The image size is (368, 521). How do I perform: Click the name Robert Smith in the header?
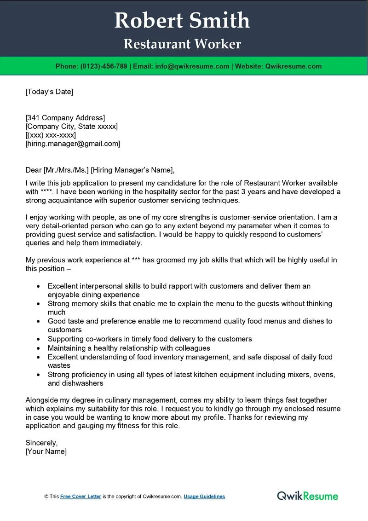[182, 21]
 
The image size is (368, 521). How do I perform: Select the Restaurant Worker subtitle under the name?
[182, 44]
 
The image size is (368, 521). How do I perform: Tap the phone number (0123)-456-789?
[103, 66]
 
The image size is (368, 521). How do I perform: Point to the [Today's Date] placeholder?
[49, 92]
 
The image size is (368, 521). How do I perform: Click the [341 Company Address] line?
[65, 117]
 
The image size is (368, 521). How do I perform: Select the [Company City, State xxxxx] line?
[72, 126]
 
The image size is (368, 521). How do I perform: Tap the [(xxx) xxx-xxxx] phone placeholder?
[51, 135]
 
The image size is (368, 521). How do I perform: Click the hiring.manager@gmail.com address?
[73, 144]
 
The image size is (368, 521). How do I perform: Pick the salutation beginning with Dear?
[100, 170]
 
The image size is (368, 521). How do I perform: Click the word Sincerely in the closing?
[41, 443]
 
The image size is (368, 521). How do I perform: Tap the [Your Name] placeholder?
[46, 452]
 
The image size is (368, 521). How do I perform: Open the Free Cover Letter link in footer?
[80, 497]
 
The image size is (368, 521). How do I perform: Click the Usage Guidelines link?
[204, 497]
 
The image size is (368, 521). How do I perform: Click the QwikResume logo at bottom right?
[307, 496]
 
